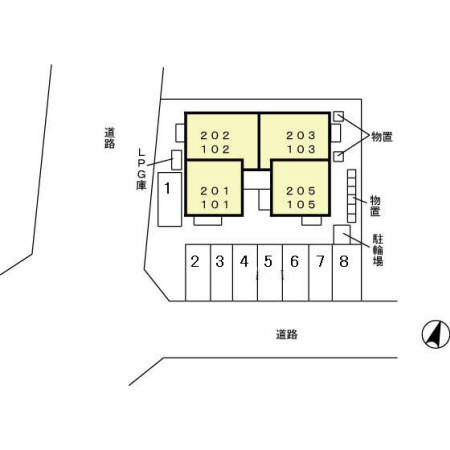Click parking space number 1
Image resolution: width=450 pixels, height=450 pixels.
170,199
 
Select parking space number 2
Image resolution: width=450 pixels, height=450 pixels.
198,273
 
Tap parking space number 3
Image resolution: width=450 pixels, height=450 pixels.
222,273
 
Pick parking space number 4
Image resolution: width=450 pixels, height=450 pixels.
245,273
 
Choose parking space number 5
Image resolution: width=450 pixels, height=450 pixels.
270,273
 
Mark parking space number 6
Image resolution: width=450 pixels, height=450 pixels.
296,273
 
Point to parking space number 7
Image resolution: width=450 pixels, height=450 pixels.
321,273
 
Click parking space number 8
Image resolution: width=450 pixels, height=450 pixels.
347,273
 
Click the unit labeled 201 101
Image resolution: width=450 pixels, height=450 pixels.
214,188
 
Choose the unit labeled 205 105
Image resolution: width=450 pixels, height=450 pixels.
301,188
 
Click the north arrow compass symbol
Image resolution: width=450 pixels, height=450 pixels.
436,334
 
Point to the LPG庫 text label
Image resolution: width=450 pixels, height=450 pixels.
142,169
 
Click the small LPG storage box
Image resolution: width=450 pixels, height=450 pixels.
176,160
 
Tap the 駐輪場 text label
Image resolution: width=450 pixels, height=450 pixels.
378,250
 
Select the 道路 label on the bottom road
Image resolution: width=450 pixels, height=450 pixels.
287,334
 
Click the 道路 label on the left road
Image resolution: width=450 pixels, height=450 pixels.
110,138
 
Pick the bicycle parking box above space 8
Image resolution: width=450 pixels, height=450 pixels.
342,235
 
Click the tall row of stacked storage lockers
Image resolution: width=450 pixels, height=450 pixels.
352,196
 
